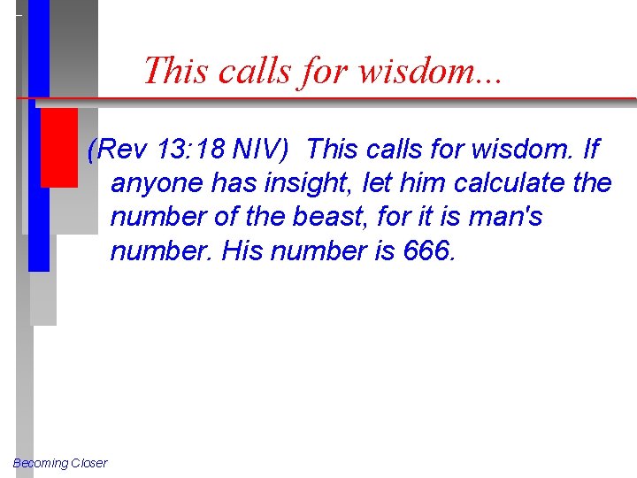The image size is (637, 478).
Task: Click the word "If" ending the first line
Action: (591, 150)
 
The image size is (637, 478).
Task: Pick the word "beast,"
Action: (342, 218)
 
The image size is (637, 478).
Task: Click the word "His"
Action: (242, 251)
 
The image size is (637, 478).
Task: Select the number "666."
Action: (430, 251)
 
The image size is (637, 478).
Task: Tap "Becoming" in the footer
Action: (39, 463)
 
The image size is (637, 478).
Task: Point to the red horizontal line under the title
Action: (354, 97)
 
